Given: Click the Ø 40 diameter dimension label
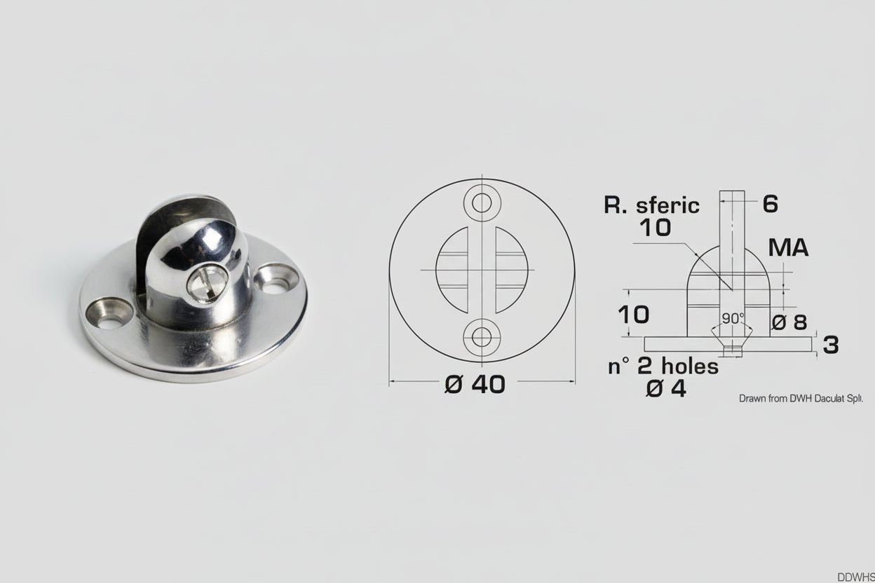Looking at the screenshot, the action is coord(475,384).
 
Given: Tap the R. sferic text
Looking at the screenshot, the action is coord(651,205).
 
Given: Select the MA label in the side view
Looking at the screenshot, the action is coord(788,247).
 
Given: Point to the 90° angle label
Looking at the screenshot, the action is coord(733,319).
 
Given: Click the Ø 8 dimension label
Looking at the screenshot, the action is coord(789,322).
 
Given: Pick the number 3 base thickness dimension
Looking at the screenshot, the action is coord(830,345).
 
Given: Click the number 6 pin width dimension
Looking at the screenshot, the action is coord(770,204).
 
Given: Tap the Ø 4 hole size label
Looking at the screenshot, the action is coord(666,388).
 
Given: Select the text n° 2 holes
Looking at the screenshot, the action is coord(663,366).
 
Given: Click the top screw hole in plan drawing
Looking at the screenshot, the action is coord(482,203).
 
